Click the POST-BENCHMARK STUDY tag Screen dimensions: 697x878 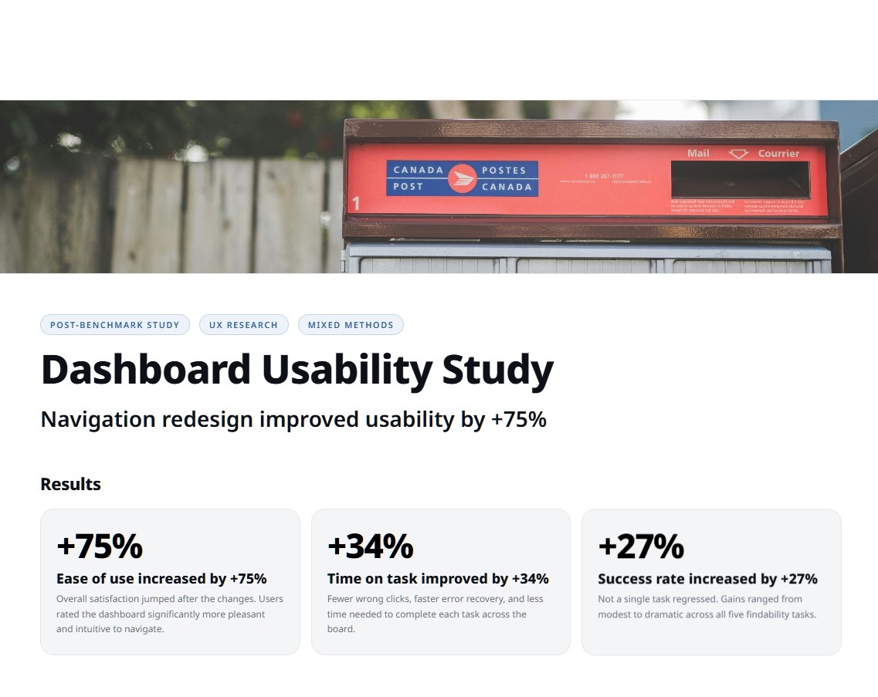114,325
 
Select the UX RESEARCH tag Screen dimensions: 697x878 243,325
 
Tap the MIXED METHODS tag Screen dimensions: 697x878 351,325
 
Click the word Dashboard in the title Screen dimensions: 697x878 145,370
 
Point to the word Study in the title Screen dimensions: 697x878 497,370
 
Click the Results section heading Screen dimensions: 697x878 70,485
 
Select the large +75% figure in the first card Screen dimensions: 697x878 100,546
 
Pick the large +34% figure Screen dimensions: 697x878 371,546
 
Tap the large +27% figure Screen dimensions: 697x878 641,546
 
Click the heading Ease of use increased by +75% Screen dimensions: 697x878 161,579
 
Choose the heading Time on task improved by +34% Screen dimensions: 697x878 438,579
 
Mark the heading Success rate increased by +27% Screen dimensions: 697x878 707,579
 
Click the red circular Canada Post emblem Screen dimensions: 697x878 463,178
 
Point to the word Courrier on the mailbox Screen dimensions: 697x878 778,154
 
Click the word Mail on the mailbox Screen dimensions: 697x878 698,154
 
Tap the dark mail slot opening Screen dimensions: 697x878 740,179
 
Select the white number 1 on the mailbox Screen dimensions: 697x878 356,204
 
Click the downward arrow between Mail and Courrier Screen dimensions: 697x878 739,154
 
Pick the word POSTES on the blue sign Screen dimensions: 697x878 503,171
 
